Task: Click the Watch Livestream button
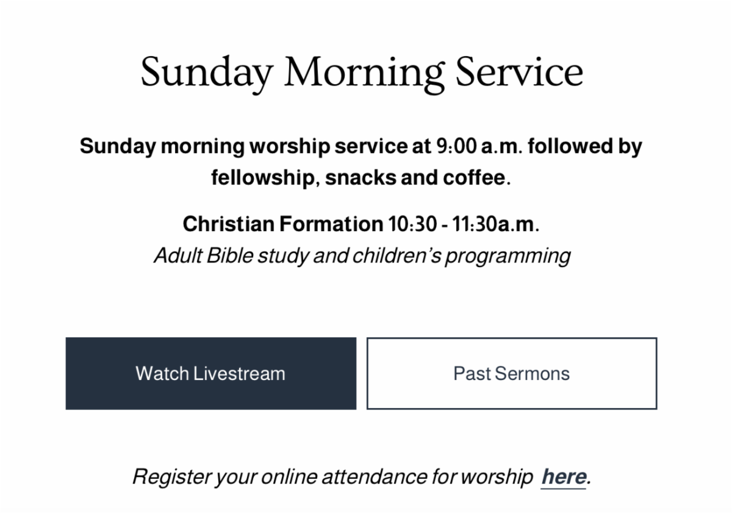[x=211, y=373]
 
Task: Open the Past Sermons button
[x=511, y=373]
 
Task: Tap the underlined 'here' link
[x=564, y=477]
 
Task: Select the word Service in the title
[x=519, y=71]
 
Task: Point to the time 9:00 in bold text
[x=456, y=146]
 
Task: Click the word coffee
[x=474, y=178]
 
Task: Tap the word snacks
[x=361, y=178]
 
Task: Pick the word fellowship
[x=263, y=178]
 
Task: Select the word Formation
[x=331, y=224]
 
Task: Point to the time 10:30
[x=412, y=224]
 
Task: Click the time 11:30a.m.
[x=496, y=224]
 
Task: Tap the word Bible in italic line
[x=230, y=255]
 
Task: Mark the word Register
[x=172, y=478]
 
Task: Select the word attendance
[x=375, y=477]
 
